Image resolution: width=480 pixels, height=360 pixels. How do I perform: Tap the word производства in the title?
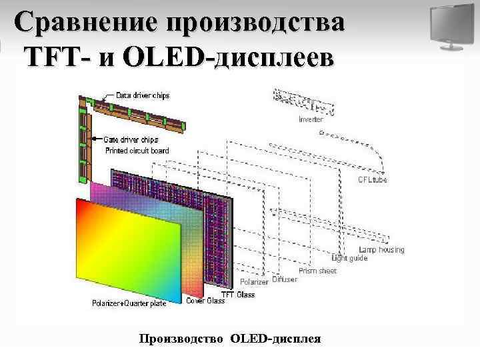click(x=257, y=23)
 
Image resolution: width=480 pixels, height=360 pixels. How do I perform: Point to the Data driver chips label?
click(x=143, y=95)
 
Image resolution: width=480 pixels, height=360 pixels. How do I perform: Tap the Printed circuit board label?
click(x=137, y=151)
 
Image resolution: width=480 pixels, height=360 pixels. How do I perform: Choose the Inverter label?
click(x=311, y=120)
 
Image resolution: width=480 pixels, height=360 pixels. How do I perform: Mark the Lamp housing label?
click(x=381, y=250)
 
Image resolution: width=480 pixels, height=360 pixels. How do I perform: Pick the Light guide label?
click(x=350, y=258)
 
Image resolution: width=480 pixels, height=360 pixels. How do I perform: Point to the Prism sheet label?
click(x=317, y=271)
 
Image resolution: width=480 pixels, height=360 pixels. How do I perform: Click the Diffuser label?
click(x=285, y=280)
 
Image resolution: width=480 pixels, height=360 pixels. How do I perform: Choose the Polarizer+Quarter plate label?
click(x=129, y=303)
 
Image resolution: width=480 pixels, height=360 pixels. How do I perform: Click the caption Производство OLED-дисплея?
click(x=230, y=339)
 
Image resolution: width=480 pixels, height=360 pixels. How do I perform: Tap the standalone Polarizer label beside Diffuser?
click(x=254, y=282)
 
